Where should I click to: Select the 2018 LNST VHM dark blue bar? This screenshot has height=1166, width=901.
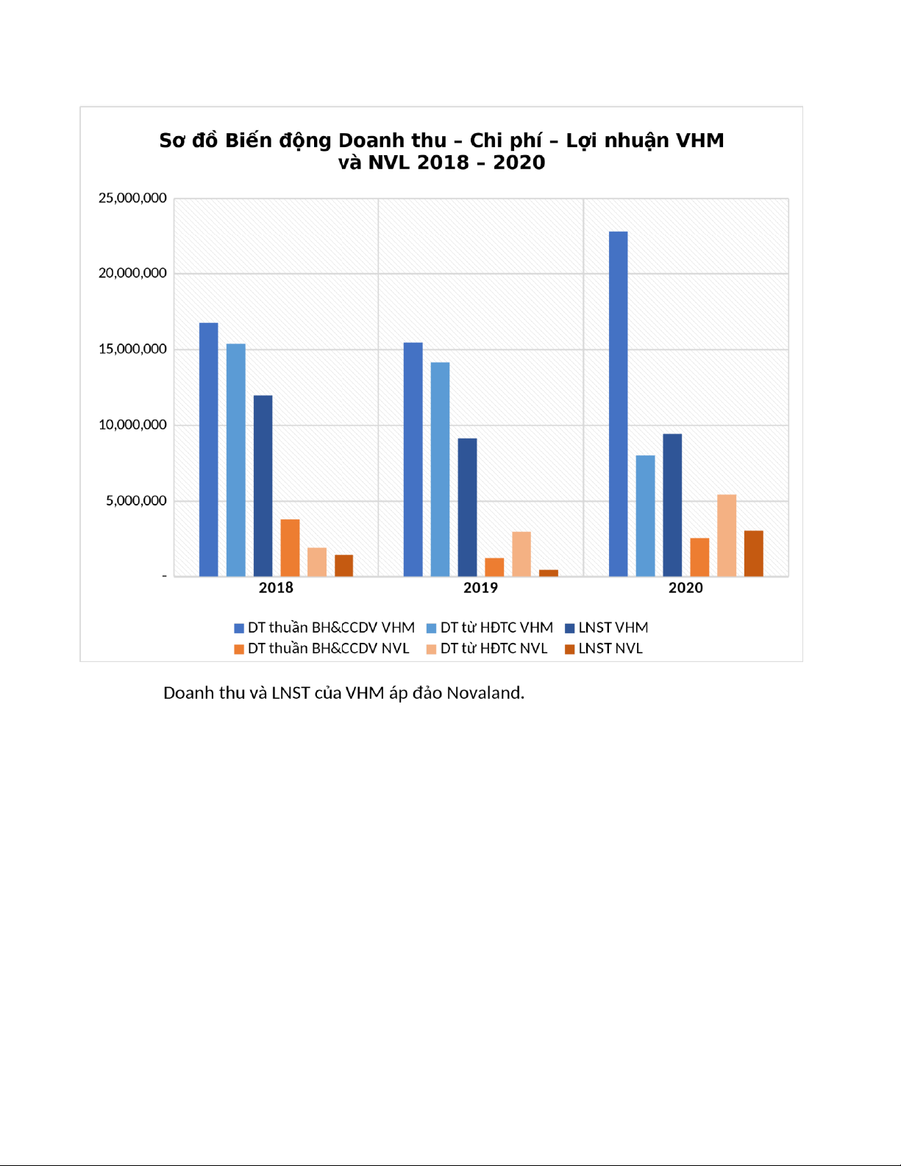(263, 486)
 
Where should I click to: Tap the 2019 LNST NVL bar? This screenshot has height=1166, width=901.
(548, 572)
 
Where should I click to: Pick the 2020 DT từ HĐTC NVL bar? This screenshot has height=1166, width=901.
(726, 535)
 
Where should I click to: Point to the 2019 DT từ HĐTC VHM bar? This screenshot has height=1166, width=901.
(440, 469)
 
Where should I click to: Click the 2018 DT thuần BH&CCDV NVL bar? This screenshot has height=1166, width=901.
(290, 547)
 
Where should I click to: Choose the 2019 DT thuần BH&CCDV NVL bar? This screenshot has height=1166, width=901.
(494, 566)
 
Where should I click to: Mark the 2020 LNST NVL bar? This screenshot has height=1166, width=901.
(753, 553)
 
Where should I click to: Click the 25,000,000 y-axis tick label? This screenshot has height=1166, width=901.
(132, 198)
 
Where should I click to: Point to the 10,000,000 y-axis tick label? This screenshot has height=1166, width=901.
(132, 424)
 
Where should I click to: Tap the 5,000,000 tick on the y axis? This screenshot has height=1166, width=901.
(136, 500)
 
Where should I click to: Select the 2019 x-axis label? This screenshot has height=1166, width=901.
(480, 588)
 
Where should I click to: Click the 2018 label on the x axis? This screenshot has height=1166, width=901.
(276, 588)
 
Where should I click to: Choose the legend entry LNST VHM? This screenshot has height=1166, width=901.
(613, 628)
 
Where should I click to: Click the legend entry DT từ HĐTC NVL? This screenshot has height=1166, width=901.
(494, 648)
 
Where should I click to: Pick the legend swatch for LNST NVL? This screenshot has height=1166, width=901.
(569, 649)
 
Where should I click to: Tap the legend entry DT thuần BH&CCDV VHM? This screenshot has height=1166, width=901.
(331, 628)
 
